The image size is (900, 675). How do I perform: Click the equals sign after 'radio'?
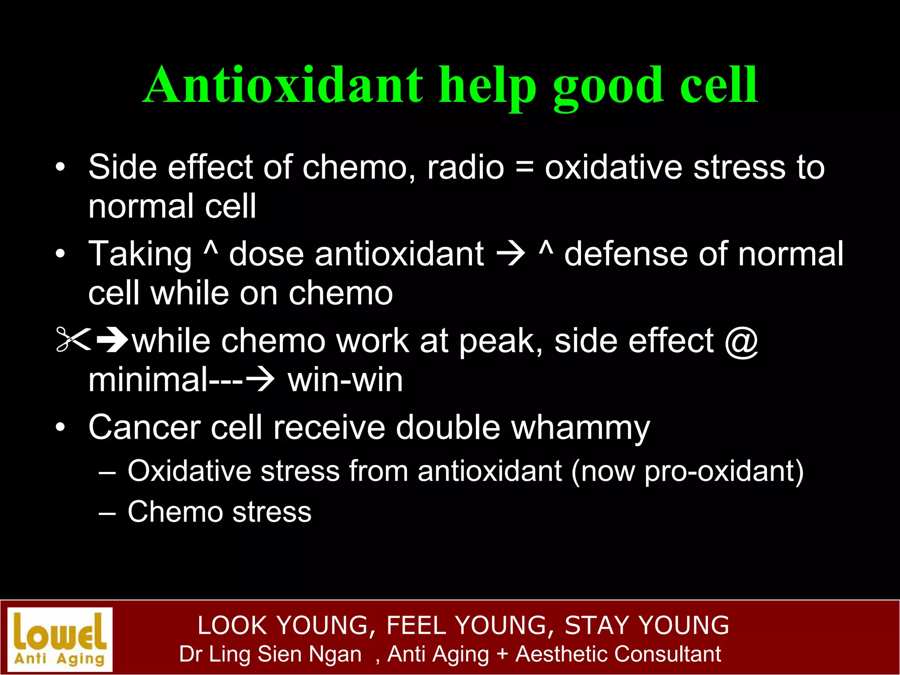click(x=524, y=168)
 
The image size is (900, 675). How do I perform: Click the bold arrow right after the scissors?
click(x=112, y=340)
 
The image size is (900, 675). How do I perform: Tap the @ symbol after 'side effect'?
click(x=741, y=341)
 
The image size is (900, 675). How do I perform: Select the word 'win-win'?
click(x=345, y=380)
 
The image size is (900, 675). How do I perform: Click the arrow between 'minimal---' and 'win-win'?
click(x=260, y=379)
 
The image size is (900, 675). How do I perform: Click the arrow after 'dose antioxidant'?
click(x=511, y=254)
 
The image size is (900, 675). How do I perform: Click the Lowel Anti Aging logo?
click(x=60, y=639)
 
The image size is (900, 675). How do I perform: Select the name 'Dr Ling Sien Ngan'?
click(x=270, y=654)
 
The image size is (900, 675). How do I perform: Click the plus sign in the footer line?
click(x=502, y=654)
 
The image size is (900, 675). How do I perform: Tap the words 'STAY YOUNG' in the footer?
click(x=646, y=625)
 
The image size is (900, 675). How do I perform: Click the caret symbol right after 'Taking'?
click(x=210, y=249)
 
